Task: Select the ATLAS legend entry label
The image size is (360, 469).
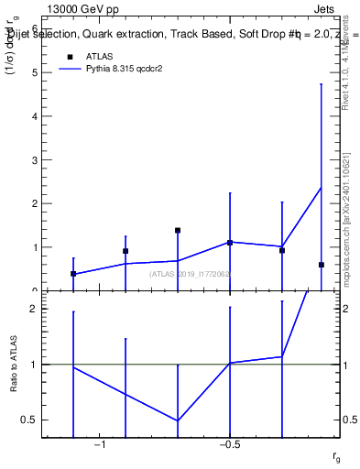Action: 100,57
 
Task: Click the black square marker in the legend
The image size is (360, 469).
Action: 69,57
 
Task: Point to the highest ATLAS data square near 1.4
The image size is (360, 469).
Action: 178,231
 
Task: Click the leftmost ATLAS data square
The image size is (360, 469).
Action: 73,274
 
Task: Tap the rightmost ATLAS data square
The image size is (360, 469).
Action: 322,265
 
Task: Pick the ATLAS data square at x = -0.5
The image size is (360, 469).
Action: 230,243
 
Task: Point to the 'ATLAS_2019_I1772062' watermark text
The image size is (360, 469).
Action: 190,274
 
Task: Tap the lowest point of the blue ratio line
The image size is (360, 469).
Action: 178,420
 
